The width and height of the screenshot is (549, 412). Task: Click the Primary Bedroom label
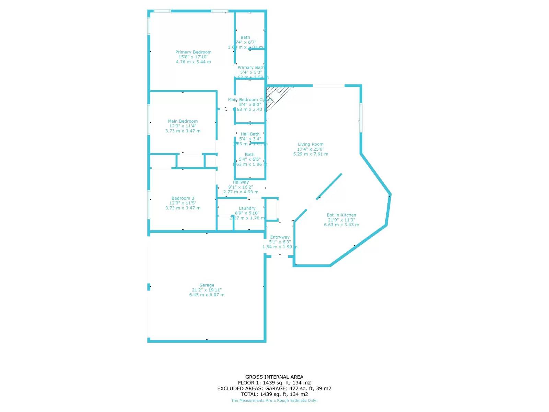[193, 52]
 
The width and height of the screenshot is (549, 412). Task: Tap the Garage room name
[207, 285]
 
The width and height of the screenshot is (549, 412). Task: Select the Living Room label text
[311, 144]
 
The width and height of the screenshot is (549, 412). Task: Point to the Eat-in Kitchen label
[341, 215]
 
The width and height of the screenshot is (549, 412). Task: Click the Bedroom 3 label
[183, 198]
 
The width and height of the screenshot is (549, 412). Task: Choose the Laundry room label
[247, 208]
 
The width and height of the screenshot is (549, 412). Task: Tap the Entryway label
[280, 237]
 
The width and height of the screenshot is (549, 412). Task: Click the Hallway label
[241, 182]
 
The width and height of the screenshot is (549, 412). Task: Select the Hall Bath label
[250, 134]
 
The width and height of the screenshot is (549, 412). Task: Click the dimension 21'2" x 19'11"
[207, 290]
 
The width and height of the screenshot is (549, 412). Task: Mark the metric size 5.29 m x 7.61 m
[311, 154]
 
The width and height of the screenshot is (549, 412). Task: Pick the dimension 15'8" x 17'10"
[193, 57]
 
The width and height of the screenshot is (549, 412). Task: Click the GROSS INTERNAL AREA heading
[274, 377]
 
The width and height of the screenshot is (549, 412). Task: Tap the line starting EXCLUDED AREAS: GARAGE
[274, 388]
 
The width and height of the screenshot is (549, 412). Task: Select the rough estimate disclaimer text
[274, 400]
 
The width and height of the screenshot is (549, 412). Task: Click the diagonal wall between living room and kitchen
[329, 187]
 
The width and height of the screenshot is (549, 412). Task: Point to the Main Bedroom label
[183, 121]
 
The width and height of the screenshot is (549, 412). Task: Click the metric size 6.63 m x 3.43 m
[341, 225]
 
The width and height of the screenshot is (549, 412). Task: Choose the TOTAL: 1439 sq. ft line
[274, 394]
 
